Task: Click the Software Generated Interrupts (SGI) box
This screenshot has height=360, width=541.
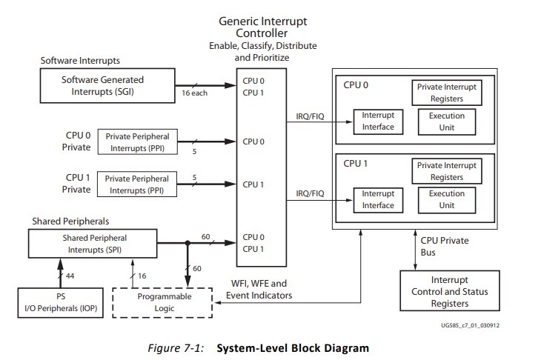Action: (x=107, y=85)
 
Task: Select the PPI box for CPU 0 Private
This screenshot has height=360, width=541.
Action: (x=138, y=141)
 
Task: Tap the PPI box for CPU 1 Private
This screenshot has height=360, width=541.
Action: (x=137, y=184)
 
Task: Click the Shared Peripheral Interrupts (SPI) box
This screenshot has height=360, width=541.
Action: (x=93, y=244)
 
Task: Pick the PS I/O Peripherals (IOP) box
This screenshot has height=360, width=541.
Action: (x=60, y=302)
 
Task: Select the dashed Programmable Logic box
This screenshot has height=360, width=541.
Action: (x=162, y=302)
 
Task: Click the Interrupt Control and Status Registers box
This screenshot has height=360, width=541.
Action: (x=450, y=291)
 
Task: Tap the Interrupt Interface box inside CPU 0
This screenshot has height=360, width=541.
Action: (x=378, y=121)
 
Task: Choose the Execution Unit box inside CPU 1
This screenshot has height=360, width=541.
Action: (x=447, y=200)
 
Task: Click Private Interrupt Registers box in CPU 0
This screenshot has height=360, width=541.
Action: (x=447, y=93)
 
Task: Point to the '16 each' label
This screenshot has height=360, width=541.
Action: (x=195, y=93)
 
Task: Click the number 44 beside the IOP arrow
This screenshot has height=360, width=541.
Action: (x=70, y=276)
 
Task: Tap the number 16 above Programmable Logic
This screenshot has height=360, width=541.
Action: (x=142, y=276)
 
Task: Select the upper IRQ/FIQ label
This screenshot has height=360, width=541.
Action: (x=311, y=116)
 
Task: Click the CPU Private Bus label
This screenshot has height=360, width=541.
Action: (x=445, y=246)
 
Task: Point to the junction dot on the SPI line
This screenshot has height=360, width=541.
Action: (x=187, y=243)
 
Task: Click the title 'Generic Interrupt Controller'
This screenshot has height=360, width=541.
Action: (x=262, y=27)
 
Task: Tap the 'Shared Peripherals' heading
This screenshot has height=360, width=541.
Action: (x=70, y=221)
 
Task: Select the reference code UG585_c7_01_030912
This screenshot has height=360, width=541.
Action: (x=470, y=325)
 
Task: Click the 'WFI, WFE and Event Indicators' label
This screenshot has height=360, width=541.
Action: (x=259, y=290)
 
